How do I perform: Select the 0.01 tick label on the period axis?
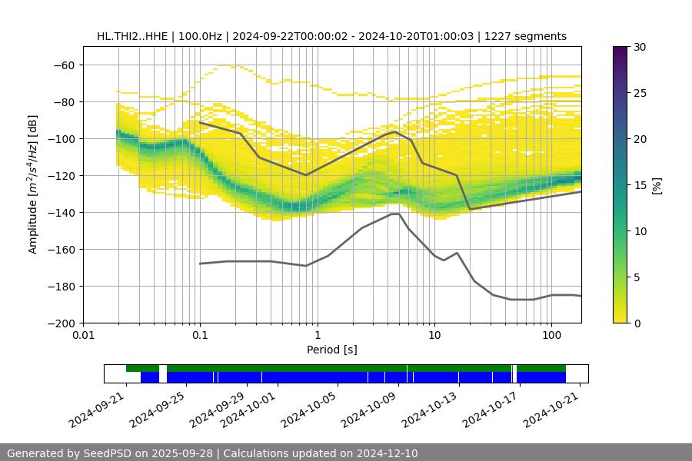click(83, 336)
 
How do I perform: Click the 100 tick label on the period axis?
click(551, 336)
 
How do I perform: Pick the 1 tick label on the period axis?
click(317, 336)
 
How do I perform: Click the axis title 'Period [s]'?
click(331, 350)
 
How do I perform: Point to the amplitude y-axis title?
click(33, 184)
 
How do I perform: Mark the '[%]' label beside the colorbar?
click(657, 185)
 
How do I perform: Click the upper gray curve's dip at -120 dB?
click(306, 175)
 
